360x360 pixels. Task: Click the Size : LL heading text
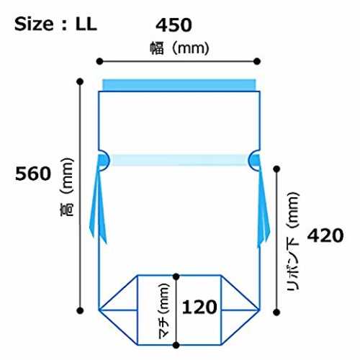55,24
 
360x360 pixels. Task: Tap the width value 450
174,25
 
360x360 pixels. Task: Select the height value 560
33,174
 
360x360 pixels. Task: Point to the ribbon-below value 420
325,235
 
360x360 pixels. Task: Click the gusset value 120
199,307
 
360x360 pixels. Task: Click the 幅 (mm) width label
179,48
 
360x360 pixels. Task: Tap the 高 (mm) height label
66,187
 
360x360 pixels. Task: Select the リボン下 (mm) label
293,241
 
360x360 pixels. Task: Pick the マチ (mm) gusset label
164,311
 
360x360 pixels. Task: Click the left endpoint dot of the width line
99,61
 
